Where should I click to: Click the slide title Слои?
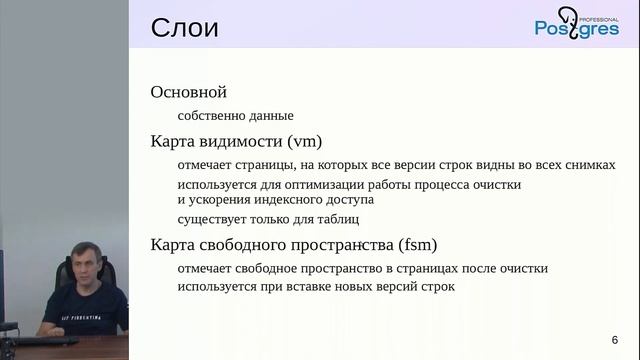(184, 27)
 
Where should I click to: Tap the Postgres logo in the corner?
(576, 24)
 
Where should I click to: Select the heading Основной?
(189, 92)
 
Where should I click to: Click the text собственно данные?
(235, 116)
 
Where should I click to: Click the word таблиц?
(336, 219)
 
